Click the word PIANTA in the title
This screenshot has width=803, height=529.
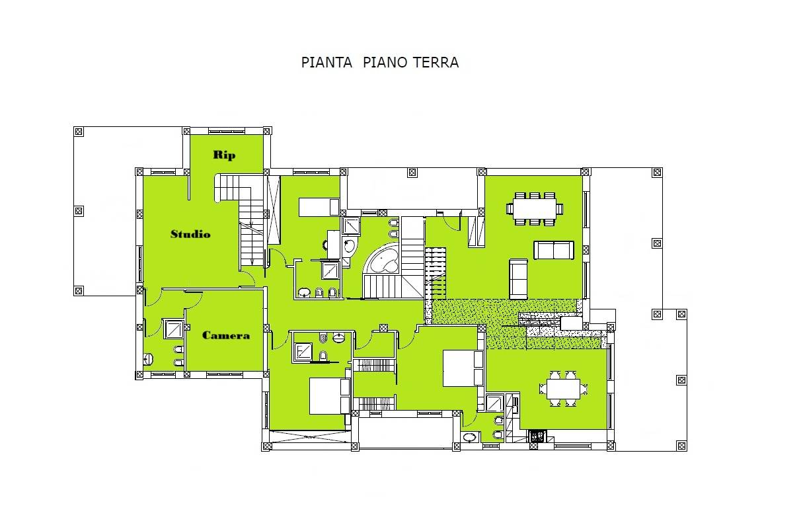[x=326, y=62]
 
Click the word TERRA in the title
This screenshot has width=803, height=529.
[x=436, y=62]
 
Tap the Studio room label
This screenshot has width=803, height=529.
[x=190, y=234]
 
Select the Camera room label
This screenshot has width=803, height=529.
[x=226, y=335]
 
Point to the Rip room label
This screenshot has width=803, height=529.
[x=225, y=155]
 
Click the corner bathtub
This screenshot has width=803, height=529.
[x=383, y=260]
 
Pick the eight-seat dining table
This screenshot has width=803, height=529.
[x=535, y=209]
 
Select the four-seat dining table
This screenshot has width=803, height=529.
[x=563, y=389]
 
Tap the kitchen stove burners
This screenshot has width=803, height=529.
[x=537, y=436]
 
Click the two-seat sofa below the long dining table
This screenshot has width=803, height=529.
[x=554, y=250]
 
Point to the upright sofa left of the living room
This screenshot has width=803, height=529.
[x=518, y=279]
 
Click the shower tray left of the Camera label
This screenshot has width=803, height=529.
[x=174, y=329]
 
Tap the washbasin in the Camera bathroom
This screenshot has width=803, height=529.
[x=148, y=359]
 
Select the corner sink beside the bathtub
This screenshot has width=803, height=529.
[x=349, y=246]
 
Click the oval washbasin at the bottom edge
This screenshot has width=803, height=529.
[x=469, y=437]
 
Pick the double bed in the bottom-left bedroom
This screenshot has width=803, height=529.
[x=329, y=396]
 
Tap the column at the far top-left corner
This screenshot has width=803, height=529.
[x=79, y=132]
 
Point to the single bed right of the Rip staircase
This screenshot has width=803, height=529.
[x=319, y=207]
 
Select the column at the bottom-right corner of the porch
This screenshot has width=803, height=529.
[x=681, y=446]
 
